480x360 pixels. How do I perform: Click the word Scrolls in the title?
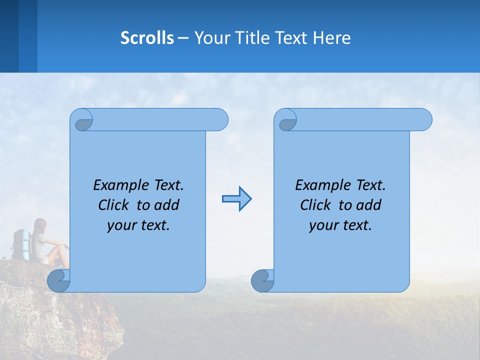147,38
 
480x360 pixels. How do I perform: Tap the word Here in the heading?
332,38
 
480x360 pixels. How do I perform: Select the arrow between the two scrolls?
236,199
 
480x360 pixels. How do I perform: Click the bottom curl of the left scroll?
58,280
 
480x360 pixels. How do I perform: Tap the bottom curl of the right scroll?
262,280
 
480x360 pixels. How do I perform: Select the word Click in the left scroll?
114,205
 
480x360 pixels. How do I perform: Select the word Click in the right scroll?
316,205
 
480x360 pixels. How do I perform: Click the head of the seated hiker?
40,224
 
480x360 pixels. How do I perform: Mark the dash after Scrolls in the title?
183,38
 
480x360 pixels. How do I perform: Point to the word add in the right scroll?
369,205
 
